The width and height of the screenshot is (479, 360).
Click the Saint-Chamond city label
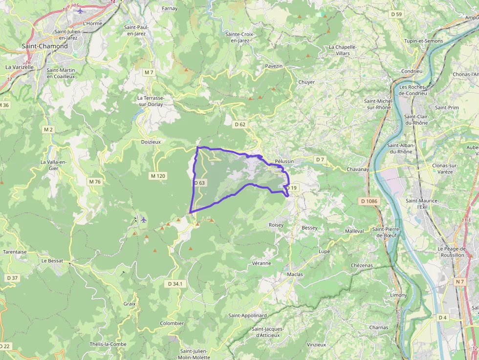44,46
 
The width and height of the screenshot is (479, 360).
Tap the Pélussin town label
284,161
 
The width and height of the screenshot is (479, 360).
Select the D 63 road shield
199,183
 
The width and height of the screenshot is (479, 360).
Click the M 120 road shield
158,175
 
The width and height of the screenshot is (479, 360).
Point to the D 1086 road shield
370,201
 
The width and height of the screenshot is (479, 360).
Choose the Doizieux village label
151,142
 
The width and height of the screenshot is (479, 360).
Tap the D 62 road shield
240,125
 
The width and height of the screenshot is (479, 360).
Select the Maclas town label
295,274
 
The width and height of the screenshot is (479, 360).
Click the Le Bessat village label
52,260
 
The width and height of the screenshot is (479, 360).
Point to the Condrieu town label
412,71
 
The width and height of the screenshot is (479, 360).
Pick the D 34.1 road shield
175,284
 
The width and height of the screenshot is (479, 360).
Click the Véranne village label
261,263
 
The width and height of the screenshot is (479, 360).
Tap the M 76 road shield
95,182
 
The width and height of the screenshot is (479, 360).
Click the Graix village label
130,303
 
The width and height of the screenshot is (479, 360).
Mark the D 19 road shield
291,188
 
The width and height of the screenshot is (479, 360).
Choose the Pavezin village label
274,65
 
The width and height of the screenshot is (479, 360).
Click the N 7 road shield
459,282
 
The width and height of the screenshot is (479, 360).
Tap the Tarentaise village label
15,252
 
